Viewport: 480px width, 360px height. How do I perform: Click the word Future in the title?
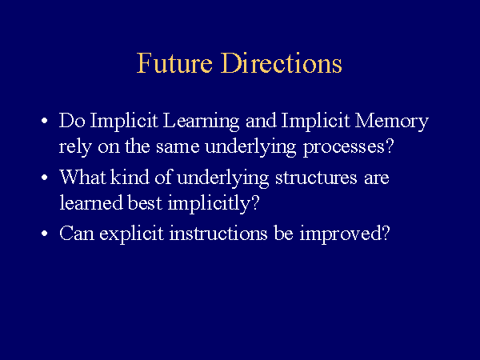tap(174, 62)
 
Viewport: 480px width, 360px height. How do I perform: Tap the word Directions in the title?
tap(281, 62)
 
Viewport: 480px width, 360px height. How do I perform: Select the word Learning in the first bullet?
tap(201, 122)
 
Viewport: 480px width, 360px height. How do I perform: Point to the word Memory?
tap(391, 122)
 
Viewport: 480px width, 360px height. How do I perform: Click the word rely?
tap(75, 147)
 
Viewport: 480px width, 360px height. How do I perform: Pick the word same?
tap(178, 147)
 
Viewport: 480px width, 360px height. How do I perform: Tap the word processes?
tap(348, 148)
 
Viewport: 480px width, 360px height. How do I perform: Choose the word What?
tap(82, 178)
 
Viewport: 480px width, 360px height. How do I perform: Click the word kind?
tap(130, 177)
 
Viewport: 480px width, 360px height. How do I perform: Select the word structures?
tap(316, 178)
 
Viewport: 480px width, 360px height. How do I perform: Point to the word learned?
tap(91, 202)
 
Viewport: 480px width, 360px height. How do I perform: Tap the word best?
tap(145, 202)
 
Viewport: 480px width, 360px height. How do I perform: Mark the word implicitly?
tap(214, 203)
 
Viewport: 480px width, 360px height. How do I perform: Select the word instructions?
tap(218, 234)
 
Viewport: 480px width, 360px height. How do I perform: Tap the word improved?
tap(345, 234)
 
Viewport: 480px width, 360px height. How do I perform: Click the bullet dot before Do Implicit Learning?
tap(45, 120)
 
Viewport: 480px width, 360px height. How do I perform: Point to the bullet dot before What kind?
tap(45, 177)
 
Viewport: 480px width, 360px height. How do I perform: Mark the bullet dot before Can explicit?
tap(45, 234)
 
